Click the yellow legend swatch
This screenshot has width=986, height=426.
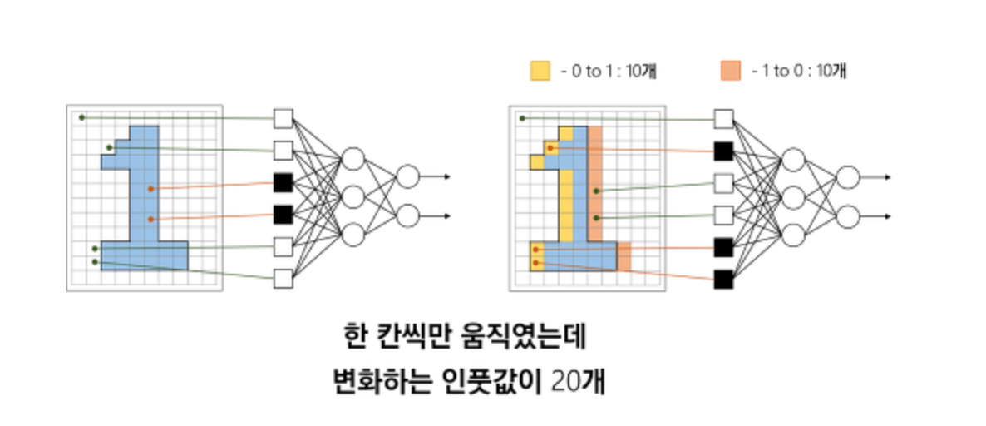540,72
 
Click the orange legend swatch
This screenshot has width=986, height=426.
729,72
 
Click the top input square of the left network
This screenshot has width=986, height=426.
283,118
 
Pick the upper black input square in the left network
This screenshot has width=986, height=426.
283,182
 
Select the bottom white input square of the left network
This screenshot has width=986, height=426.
283,279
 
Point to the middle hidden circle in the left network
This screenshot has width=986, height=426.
353,197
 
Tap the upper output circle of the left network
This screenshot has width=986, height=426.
407,176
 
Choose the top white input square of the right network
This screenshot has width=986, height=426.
724,118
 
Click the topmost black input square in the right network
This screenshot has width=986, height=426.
724,151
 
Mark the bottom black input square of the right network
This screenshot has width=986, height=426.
724,279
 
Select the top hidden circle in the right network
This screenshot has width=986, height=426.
794,160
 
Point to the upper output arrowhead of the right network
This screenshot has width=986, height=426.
889,176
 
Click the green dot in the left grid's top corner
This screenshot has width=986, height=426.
81,117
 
